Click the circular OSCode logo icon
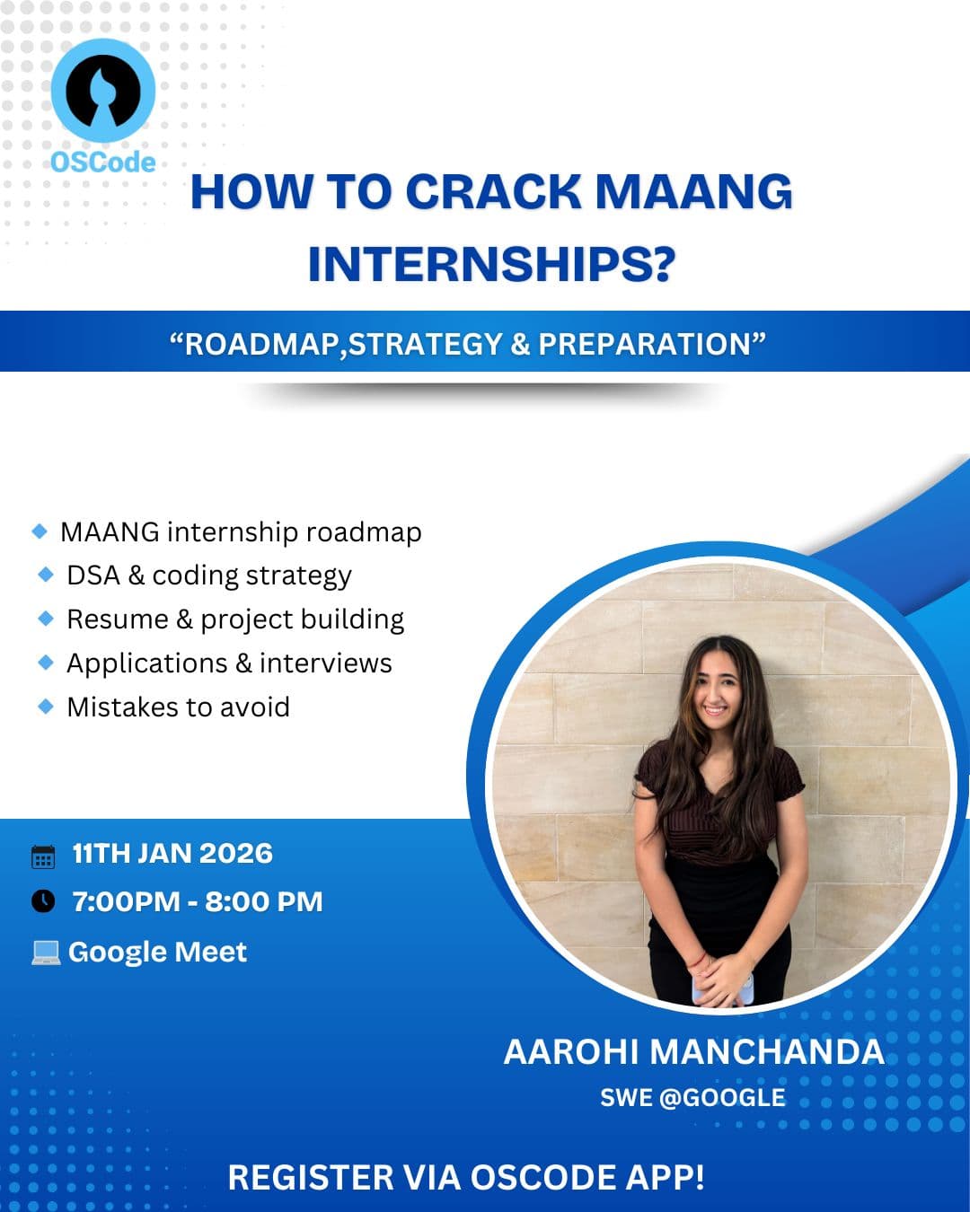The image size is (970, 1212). (x=102, y=91)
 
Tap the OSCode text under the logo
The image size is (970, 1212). (x=102, y=162)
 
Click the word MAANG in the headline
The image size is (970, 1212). (x=693, y=192)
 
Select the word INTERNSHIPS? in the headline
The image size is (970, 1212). (x=490, y=264)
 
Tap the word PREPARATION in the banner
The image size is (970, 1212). (x=644, y=344)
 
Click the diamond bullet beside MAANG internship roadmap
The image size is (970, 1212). (x=40, y=531)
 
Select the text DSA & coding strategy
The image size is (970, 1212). (x=208, y=575)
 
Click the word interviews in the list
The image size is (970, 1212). (x=325, y=663)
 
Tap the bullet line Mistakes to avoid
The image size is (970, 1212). (x=178, y=707)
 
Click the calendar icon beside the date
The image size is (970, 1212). (x=43, y=856)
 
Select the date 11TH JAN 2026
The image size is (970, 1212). (x=172, y=853)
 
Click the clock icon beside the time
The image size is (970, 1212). (x=43, y=900)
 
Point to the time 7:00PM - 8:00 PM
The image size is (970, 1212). (x=198, y=901)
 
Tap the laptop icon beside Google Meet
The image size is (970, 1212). (x=45, y=953)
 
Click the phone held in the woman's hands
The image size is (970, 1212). (x=720, y=989)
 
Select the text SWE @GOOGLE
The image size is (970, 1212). (x=692, y=1097)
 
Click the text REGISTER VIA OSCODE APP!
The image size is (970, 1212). (x=466, y=1177)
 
